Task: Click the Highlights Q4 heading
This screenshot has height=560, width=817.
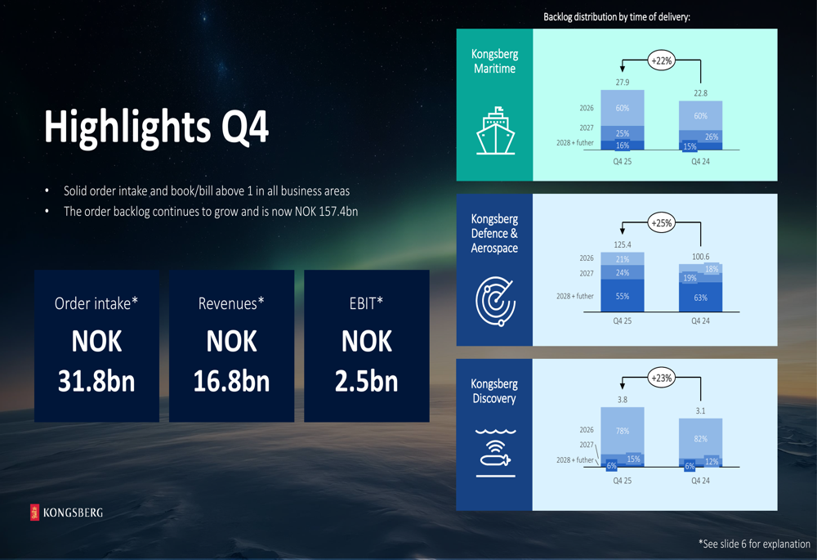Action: [x=156, y=127]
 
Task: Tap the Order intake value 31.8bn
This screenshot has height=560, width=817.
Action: [x=96, y=381]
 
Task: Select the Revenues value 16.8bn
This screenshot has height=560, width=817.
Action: [x=231, y=381]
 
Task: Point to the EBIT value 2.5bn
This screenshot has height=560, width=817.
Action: [x=366, y=381]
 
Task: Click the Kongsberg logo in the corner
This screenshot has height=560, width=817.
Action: [x=67, y=513]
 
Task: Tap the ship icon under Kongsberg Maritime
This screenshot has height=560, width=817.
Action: [x=496, y=131]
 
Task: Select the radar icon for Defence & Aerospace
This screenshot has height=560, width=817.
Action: [x=496, y=302]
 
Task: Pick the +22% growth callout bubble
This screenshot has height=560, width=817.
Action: [x=661, y=60]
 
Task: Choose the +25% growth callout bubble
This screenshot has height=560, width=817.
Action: [x=661, y=223]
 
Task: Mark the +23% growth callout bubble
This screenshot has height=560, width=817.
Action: [x=661, y=378]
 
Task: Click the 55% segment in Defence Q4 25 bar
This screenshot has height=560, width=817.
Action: [x=622, y=296]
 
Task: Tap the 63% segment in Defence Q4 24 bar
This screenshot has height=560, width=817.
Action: [x=700, y=298]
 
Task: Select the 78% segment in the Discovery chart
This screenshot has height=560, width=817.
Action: [x=622, y=431]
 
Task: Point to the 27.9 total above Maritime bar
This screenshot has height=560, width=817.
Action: [x=622, y=83]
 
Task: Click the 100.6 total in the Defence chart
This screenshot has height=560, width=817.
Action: [x=700, y=257]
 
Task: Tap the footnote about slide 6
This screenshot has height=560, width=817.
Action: [x=754, y=544]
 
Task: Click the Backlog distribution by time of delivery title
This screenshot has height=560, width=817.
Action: [x=617, y=16]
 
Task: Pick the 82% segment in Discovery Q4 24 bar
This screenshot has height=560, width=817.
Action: [x=700, y=438]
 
